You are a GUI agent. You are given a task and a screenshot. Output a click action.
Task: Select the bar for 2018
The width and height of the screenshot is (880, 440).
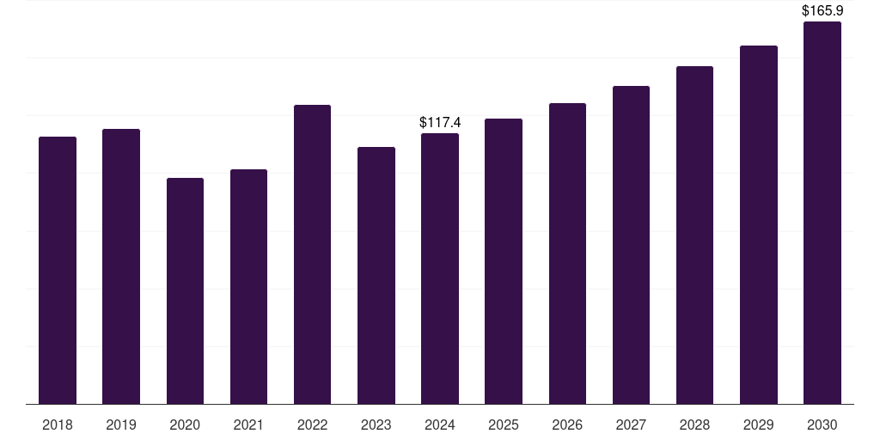pos(58,270)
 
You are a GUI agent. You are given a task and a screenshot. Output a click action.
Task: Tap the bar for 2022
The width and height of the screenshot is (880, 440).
pos(312,254)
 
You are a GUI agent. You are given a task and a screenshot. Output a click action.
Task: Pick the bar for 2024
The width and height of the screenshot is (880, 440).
pos(440,268)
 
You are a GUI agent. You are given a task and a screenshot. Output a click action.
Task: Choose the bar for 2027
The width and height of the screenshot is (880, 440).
pos(631,245)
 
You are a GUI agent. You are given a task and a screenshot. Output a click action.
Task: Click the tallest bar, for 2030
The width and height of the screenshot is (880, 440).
pos(822,212)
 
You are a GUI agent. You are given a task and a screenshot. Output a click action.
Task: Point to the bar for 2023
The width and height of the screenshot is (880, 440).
pos(376,275)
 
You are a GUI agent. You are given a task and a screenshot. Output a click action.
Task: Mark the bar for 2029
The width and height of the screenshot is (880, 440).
pos(759,224)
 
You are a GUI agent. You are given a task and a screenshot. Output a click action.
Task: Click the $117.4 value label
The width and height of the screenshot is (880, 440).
pos(440,123)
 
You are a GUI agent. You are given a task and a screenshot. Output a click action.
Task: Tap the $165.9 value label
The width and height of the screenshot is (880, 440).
pos(822,11)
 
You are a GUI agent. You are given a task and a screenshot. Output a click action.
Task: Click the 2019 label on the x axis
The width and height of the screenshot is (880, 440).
pos(121,425)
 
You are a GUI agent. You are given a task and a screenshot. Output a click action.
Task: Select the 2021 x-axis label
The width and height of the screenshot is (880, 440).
pos(248,425)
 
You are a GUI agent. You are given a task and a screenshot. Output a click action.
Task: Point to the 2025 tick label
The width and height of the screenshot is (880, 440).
pos(504,425)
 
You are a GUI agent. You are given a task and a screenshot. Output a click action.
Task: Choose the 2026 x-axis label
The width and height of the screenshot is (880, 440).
pos(567,425)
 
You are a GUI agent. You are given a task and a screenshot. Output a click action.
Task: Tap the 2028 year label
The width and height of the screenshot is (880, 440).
pos(694,425)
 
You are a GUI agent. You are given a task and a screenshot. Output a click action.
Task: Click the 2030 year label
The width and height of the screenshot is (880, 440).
pos(822,425)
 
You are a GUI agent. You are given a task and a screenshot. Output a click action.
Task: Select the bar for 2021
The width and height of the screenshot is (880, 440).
pos(248,286)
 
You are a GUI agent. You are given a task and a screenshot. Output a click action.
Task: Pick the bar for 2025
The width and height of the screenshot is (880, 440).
pos(504,261)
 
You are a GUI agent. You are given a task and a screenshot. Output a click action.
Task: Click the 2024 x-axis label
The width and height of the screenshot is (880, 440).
pos(440,425)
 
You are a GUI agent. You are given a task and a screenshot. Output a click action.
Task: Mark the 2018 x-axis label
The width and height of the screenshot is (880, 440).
pos(58,425)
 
